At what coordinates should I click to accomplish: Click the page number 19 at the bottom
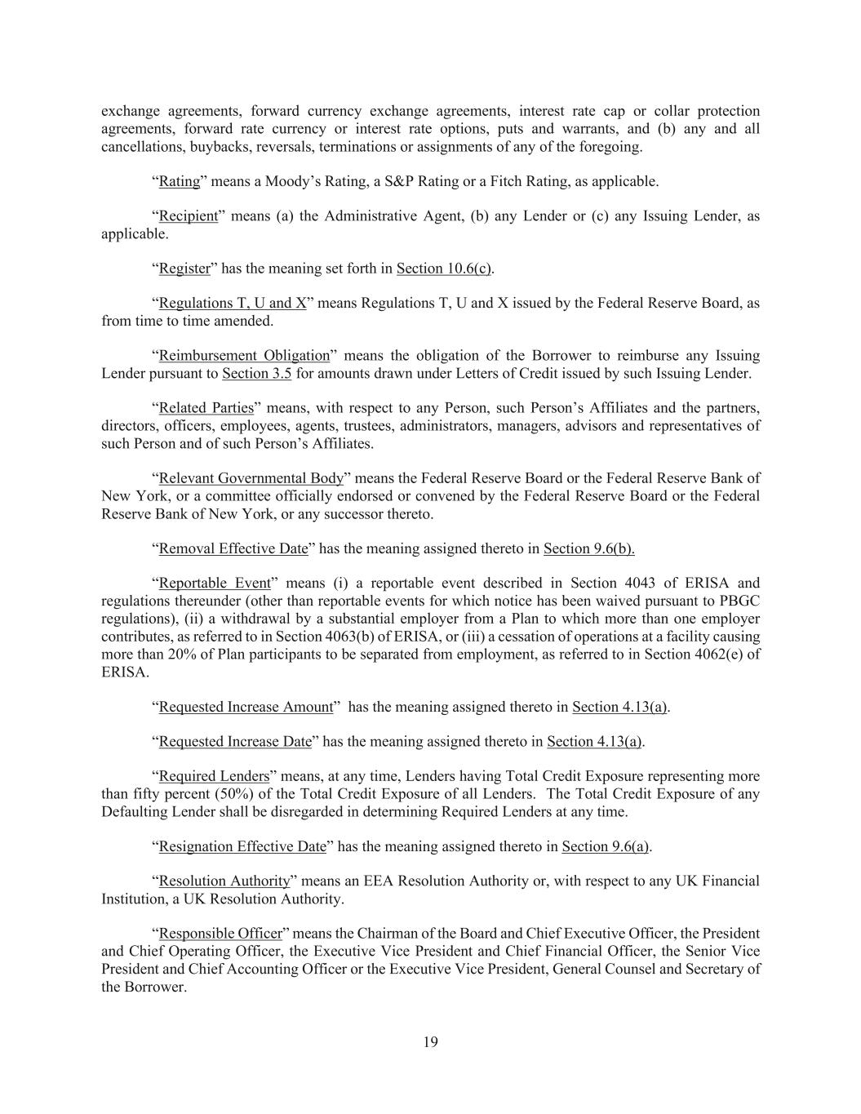pyautogui.click(x=430, y=1041)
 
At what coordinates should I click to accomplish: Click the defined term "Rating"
pyautogui.click(x=179, y=181)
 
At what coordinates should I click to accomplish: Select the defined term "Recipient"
pyautogui.click(x=188, y=216)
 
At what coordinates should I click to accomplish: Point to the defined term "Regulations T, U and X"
pyautogui.click(x=233, y=304)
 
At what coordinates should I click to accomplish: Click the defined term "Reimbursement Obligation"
pyautogui.click(x=244, y=356)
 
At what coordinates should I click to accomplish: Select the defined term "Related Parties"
pyautogui.click(x=206, y=408)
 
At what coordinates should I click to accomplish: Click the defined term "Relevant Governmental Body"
pyautogui.click(x=251, y=478)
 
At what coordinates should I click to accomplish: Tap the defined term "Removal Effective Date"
pyautogui.click(x=233, y=548)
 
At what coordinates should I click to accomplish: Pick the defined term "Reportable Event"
pyautogui.click(x=214, y=584)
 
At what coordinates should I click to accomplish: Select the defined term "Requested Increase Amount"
pyautogui.click(x=246, y=707)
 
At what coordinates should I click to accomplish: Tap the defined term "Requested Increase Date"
pyautogui.click(x=235, y=742)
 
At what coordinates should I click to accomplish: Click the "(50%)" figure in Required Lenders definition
pyautogui.click(x=229, y=794)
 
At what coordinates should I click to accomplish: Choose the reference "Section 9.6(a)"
pyautogui.click(x=606, y=846)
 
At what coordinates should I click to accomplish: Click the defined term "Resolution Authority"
pyautogui.click(x=224, y=881)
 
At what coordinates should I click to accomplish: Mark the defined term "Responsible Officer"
pyautogui.click(x=220, y=934)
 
